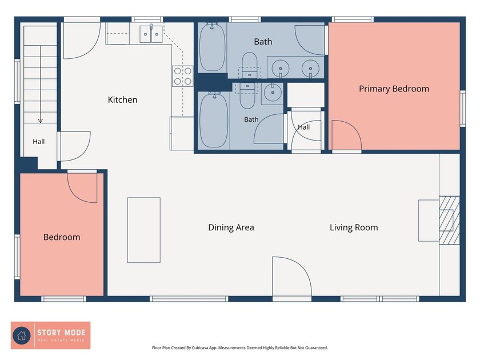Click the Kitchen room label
[x=122, y=100]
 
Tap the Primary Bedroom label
[x=394, y=89]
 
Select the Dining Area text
[x=231, y=227]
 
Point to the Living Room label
[x=354, y=227]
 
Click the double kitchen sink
[x=151, y=34]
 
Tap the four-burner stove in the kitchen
[x=182, y=76]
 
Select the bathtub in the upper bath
[x=212, y=47]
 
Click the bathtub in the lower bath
[x=214, y=119]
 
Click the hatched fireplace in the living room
[x=449, y=221]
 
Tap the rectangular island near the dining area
[x=144, y=230]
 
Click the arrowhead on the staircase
[x=40, y=121]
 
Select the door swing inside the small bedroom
[x=82, y=188]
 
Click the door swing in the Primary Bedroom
[x=347, y=135]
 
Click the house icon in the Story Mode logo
[x=22, y=335]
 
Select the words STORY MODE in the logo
[x=61, y=333]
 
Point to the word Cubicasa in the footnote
[x=199, y=348]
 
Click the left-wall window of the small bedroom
[x=18, y=257]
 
